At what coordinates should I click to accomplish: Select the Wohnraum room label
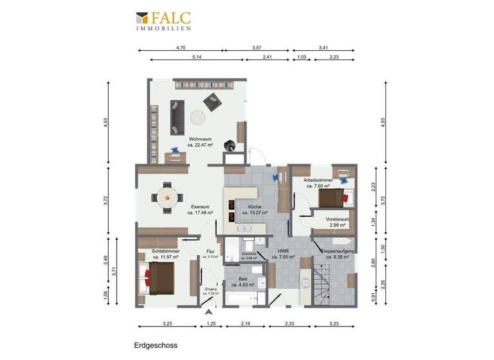(x=200, y=141)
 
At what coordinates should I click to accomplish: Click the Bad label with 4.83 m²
(x=244, y=281)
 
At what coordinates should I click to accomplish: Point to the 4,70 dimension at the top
(x=181, y=48)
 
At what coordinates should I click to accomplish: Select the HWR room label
(x=282, y=253)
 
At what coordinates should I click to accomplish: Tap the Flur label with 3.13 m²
(x=210, y=254)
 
